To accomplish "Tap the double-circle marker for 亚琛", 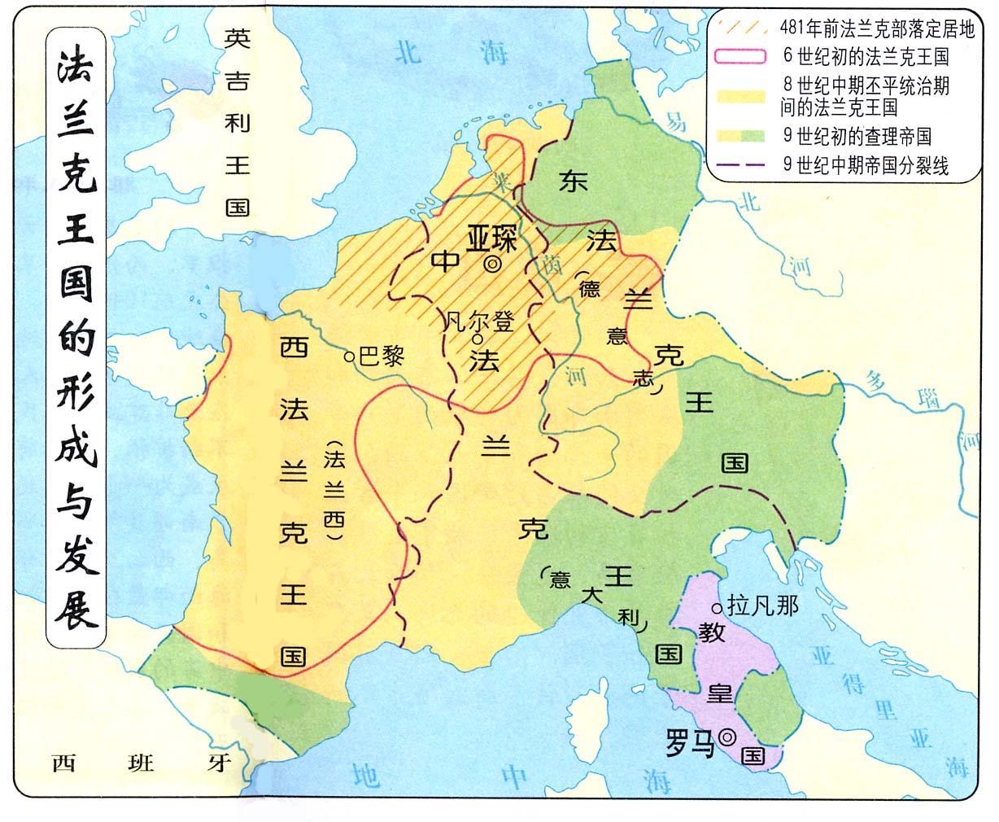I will click(x=492, y=265).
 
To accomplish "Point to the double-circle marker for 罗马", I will click(x=728, y=737).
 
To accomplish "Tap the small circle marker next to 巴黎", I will click(x=349, y=356).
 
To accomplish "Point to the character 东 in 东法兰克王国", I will click(x=573, y=183).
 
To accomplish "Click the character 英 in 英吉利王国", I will click(x=238, y=37).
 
